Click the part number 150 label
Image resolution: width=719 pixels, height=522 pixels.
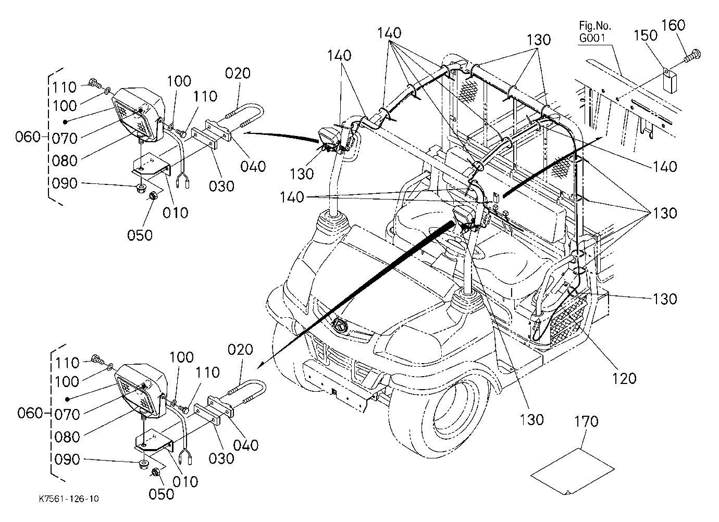click(x=645, y=35)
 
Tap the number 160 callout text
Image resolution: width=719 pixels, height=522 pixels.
click(x=673, y=24)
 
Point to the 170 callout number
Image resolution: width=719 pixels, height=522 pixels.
click(x=587, y=421)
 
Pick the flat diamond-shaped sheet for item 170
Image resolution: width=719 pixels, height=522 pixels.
click(x=572, y=471)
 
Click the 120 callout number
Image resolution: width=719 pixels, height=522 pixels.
click(x=624, y=379)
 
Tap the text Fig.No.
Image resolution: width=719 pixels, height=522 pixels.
click(x=595, y=26)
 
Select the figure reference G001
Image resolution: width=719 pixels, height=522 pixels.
click(x=592, y=38)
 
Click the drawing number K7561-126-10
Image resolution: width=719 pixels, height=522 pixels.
click(x=69, y=499)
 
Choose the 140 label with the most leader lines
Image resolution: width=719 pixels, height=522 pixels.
click(x=389, y=33)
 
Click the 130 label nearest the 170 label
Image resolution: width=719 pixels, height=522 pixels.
click(x=531, y=419)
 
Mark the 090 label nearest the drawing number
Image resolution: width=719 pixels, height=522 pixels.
click(x=67, y=459)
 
